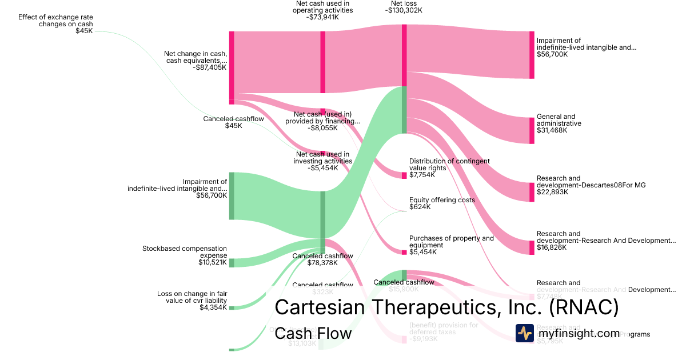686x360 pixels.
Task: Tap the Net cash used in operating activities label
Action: pos(324,6)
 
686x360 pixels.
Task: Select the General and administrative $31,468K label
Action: pos(559,123)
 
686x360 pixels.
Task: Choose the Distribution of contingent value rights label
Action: pos(449,165)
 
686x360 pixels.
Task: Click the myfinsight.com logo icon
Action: pos(524,333)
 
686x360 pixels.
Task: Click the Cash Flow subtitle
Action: pos(313,333)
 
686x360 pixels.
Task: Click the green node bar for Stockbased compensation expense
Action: pos(232,262)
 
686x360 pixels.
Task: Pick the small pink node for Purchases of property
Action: pos(404,252)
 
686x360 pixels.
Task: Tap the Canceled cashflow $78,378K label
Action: pos(322,259)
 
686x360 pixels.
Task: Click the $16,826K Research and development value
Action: pos(552,247)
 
